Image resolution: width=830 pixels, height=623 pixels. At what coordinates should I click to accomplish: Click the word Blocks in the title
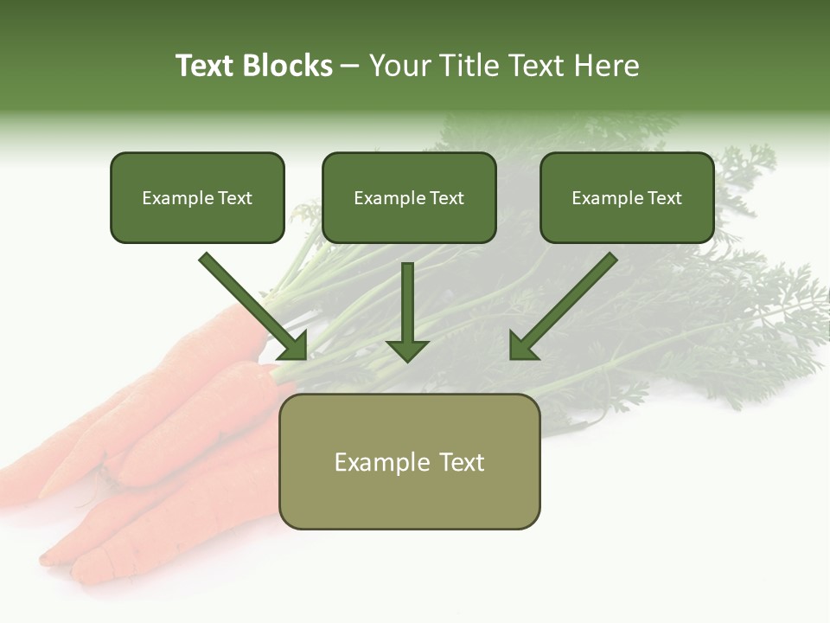[x=287, y=66]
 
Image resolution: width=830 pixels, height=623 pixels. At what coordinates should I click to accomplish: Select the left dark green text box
[x=197, y=198]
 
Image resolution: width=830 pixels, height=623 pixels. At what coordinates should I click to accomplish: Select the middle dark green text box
[x=409, y=198]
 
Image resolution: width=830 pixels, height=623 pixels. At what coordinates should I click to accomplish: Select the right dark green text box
[x=627, y=198]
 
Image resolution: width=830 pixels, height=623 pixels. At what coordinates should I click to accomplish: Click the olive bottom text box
[x=409, y=462]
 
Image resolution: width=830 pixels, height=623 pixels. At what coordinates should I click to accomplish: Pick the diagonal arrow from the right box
[x=566, y=303]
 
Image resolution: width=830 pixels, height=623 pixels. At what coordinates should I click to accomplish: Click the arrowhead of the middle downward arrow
[x=407, y=350]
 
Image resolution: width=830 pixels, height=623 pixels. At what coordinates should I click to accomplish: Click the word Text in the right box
[x=665, y=198]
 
